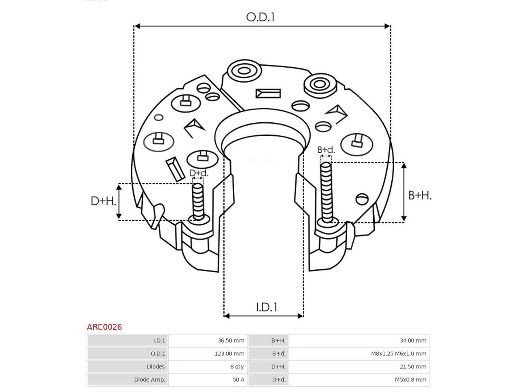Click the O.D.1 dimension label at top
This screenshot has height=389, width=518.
[260, 17]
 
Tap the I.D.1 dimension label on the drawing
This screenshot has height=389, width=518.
[267, 307]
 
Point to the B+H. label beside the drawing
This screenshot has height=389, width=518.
[420, 196]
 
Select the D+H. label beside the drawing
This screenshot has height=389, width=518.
[103, 201]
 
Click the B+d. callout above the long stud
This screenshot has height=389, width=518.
[326, 150]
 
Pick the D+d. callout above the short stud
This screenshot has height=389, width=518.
[199, 173]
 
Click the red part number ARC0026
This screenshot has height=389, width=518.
[104, 327]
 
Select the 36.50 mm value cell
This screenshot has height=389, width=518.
[231, 340]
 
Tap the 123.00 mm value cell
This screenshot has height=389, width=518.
[229, 354]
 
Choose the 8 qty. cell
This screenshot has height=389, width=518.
[238, 367]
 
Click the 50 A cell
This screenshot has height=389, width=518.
[239, 380]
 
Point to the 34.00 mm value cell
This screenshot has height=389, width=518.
[413, 340]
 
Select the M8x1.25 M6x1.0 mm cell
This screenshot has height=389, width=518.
[399, 354]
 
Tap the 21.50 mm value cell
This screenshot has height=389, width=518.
[413, 367]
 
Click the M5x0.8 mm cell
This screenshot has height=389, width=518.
[411, 380]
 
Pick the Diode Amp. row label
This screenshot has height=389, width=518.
[150, 380]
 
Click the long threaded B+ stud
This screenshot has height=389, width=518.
[327, 192]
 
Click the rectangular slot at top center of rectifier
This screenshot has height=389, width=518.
[268, 94]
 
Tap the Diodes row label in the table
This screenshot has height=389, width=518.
[156, 367]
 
